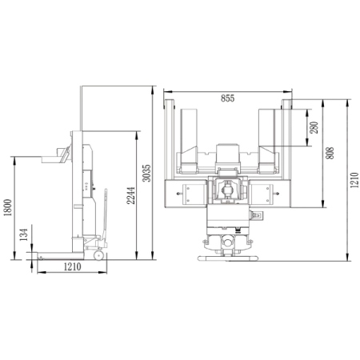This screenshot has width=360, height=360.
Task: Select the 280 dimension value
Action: tap(314, 127)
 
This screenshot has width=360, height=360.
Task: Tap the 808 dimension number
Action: tap(330, 154)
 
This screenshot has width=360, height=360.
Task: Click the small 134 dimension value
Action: tap(24, 234)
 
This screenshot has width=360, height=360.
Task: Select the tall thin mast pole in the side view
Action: tap(78, 108)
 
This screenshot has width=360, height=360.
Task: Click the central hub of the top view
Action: tap(228, 192)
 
